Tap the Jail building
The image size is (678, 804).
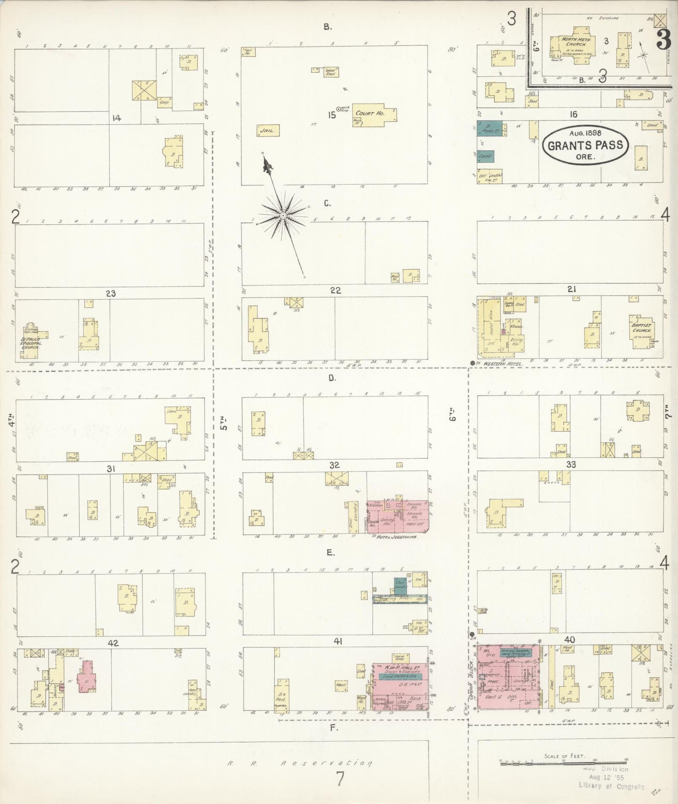(x=268, y=131)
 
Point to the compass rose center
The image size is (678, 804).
(x=283, y=215)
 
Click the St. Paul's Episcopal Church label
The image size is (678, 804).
(x=30, y=342)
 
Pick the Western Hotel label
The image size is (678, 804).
(x=503, y=364)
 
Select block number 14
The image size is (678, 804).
(x=116, y=118)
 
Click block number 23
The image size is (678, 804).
(x=111, y=294)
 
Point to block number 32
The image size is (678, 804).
(x=335, y=465)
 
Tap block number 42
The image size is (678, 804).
(x=113, y=643)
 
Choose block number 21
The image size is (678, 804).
(x=571, y=289)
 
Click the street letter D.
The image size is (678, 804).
(x=332, y=378)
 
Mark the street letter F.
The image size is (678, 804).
(x=334, y=728)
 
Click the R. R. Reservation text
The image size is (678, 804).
(x=300, y=763)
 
